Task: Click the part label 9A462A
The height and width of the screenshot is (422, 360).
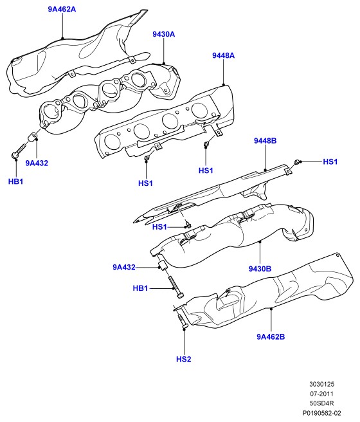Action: [x=62, y=9]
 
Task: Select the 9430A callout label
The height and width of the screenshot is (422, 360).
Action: [x=163, y=34]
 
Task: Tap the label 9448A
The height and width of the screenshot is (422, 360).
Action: [x=223, y=55]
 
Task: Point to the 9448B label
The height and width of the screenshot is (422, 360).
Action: [x=265, y=140]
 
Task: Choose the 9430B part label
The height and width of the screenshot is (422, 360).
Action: [x=260, y=268]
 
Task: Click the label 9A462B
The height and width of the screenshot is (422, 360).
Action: [x=271, y=336]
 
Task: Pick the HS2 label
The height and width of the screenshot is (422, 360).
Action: [x=184, y=359]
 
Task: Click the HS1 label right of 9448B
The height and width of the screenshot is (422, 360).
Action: [x=330, y=161]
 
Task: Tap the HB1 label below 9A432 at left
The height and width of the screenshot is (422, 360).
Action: [x=15, y=181]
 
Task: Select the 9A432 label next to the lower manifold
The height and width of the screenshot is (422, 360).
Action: [x=124, y=267]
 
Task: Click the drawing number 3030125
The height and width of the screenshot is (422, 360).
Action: [x=321, y=384]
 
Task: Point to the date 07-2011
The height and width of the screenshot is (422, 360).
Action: [x=321, y=394]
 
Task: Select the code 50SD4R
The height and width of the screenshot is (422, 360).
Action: [x=321, y=403]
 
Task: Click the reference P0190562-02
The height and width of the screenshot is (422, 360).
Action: [x=321, y=413]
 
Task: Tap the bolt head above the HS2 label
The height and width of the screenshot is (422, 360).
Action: [x=184, y=326]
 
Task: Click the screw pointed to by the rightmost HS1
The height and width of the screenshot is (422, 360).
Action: [x=296, y=162]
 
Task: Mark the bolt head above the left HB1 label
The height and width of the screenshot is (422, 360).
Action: [x=15, y=155]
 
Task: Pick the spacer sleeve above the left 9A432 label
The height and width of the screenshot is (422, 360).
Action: [x=33, y=137]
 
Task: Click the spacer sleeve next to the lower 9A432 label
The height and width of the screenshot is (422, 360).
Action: [x=163, y=265]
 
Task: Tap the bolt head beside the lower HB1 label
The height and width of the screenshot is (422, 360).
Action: [x=181, y=295]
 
